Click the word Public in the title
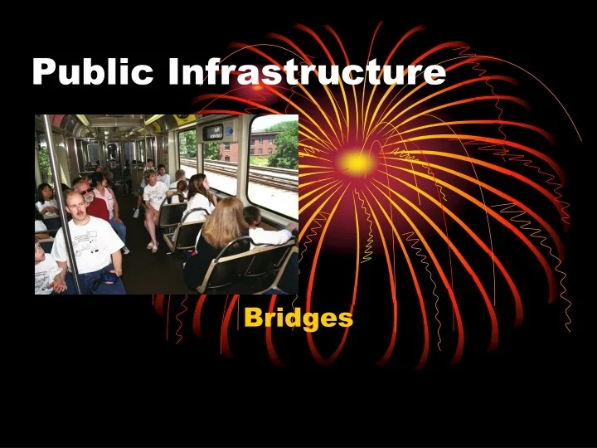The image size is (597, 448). click(93, 72)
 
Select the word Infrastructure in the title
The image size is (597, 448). click(307, 72)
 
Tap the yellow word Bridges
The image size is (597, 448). click(298, 318)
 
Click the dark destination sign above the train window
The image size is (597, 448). click(213, 131)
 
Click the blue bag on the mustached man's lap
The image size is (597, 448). click(104, 281)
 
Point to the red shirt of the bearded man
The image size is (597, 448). click(97, 208)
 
